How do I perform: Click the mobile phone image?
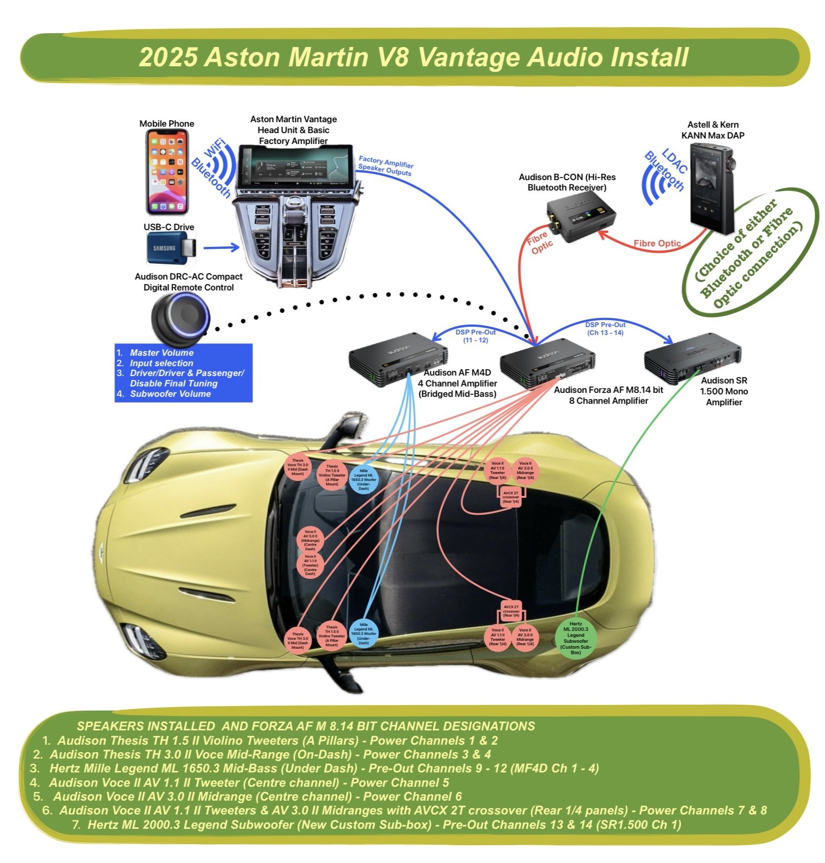tap(167, 172)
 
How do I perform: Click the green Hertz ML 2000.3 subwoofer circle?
tap(576, 638)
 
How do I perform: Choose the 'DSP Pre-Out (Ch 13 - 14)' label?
tap(605, 329)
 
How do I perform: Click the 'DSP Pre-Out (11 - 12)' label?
tap(475, 336)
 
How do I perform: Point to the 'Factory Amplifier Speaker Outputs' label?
tap(385, 166)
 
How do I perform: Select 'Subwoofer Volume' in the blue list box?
tap(170, 394)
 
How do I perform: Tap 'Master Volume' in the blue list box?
tap(161, 353)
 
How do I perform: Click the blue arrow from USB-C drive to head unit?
tap(221, 247)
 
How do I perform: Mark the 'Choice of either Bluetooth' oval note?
tap(749, 251)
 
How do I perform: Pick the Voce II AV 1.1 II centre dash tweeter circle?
tap(310, 565)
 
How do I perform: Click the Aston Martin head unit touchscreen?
tap(296, 166)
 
